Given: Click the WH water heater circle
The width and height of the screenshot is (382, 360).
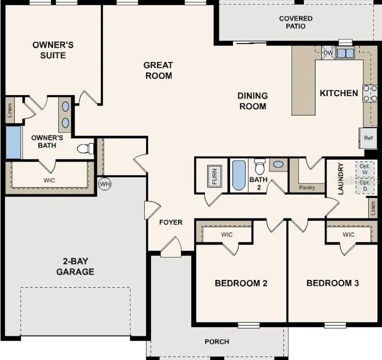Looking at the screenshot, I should pos(104,183).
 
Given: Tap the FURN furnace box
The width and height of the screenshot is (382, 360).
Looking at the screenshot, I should pos(214,176).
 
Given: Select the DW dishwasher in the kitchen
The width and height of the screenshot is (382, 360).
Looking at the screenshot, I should pos(328,52).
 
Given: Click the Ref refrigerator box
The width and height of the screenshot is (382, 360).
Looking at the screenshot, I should pos(368,138).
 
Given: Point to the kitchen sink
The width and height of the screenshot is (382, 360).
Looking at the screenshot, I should pos(345,52).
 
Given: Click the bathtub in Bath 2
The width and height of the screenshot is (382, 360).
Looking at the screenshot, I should pos(239,175).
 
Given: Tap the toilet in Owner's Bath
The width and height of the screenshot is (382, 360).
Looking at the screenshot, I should pos(86,148).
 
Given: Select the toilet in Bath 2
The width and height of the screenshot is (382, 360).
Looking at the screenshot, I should pos(259,165).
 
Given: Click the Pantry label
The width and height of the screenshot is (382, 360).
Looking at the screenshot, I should pos(306,187).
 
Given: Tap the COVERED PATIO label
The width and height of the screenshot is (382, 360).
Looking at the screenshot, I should pos(295,22).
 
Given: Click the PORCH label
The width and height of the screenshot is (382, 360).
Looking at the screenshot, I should pos(217,341).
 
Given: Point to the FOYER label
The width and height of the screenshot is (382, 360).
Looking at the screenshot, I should pos(171,222).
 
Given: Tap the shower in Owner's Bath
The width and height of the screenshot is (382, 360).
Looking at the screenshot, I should pos(13,142).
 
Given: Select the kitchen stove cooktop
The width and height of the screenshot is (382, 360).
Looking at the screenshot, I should pos(370,93).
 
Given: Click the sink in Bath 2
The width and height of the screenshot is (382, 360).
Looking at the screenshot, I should pos(278,164).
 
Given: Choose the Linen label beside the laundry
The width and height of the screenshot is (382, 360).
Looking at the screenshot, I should pos(372,208).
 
